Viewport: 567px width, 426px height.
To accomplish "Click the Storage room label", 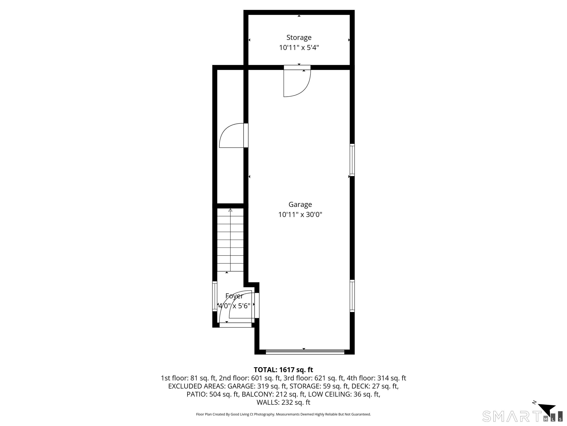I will point(299,38).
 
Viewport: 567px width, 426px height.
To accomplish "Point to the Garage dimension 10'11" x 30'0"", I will point(300,215).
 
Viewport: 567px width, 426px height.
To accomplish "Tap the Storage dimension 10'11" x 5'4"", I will point(299,48).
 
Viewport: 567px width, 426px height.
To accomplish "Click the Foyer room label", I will point(234,296).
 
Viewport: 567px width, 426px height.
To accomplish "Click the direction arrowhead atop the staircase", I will point(230,210).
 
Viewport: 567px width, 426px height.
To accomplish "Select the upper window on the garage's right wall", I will point(352,160).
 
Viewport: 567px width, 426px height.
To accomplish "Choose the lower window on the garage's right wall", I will point(352,296).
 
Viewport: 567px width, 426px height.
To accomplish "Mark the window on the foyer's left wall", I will point(215,296).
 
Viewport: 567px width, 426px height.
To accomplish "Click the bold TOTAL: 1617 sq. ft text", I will point(283,370).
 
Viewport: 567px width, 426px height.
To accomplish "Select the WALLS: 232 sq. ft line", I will point(283,402).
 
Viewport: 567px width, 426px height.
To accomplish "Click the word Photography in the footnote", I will point(264,414).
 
